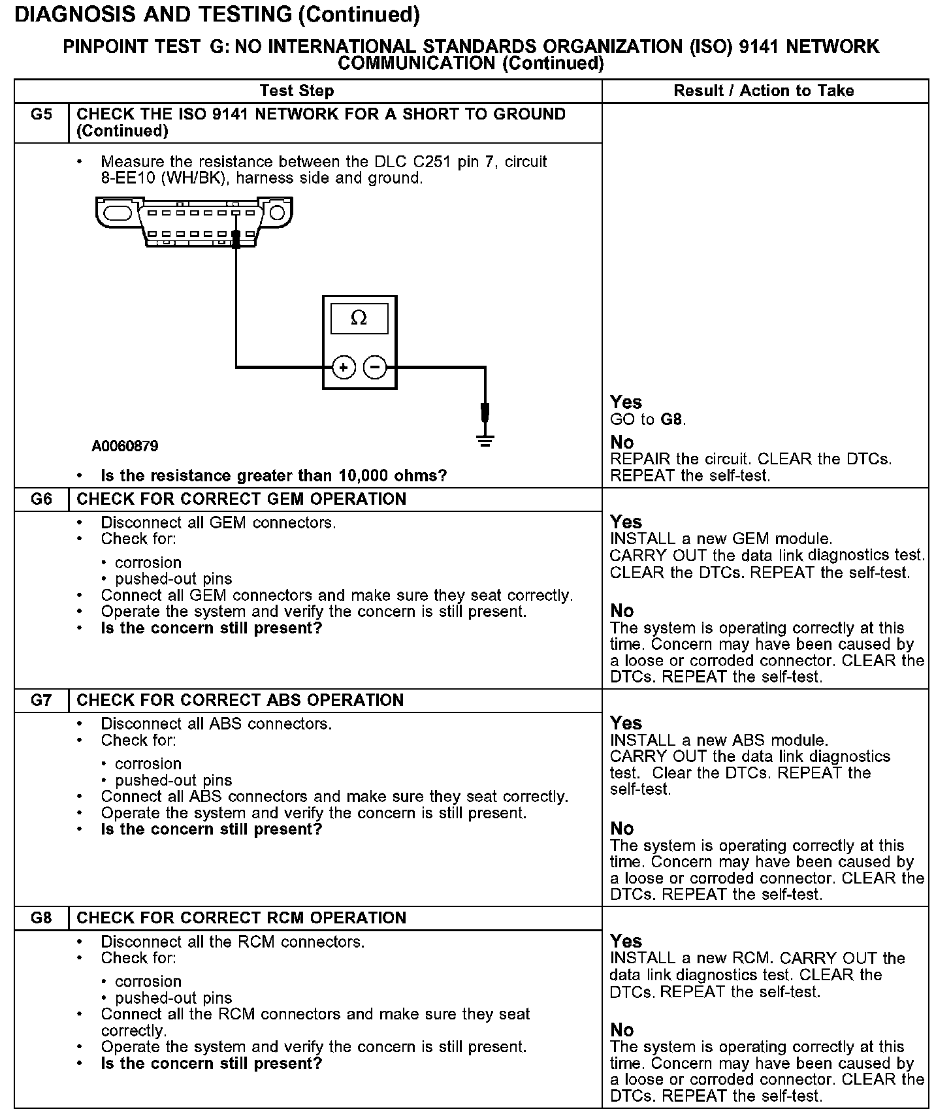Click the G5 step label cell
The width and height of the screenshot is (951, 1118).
coord(41,115)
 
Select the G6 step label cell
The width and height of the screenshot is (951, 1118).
coord(41,500)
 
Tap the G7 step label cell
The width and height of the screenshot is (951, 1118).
coord(41,701)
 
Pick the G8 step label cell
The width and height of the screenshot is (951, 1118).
coord(41,918)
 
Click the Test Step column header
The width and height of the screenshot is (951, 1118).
coord(297,91)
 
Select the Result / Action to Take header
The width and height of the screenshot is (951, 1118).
coord(764,91)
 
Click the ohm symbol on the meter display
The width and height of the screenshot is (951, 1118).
coord(359,319)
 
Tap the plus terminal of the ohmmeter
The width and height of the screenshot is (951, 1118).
coord(344,368)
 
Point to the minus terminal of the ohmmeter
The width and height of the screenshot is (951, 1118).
coord(374,368)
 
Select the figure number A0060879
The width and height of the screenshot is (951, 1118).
coord(125,447)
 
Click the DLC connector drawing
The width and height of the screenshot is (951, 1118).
coord(194,222)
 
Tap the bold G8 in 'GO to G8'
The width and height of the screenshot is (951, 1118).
coord(672,419)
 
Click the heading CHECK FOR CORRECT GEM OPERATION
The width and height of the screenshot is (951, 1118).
coord(241,500)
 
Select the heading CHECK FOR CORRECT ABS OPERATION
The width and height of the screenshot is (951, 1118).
coord(240,701)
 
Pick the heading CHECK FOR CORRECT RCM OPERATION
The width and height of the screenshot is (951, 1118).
coord(241,918)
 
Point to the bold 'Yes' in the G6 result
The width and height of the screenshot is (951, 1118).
coord(626,522)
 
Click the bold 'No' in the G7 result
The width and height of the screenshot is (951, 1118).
coord(622,829)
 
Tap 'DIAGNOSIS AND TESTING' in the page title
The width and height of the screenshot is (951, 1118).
coord(153,14)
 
